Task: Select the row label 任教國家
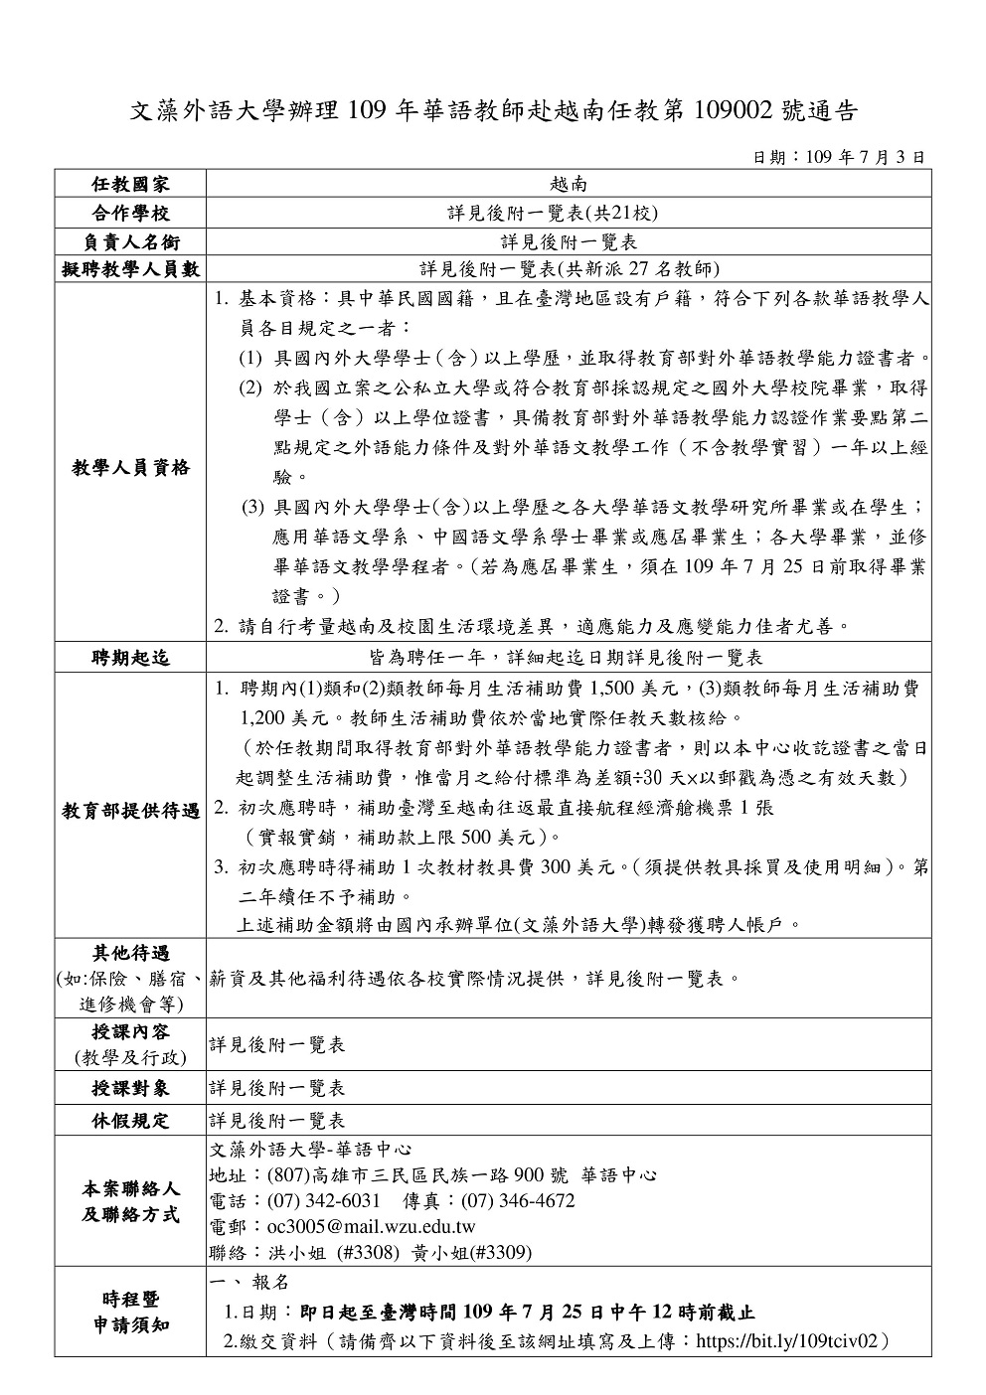coord(130,185)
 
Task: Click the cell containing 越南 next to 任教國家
coord(569,185)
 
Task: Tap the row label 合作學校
coord(130,213)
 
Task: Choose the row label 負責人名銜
coord(130,241)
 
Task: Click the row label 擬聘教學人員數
coord(130,268)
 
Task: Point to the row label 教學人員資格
coord(130,467)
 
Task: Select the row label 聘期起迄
coord(130,657)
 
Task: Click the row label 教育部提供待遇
coord(130,811)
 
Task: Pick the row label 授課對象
coord(130,1088)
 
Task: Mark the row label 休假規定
coord(130,1121)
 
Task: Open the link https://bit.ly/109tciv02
coord(789,1341)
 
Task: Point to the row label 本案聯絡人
coord(130,1188)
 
